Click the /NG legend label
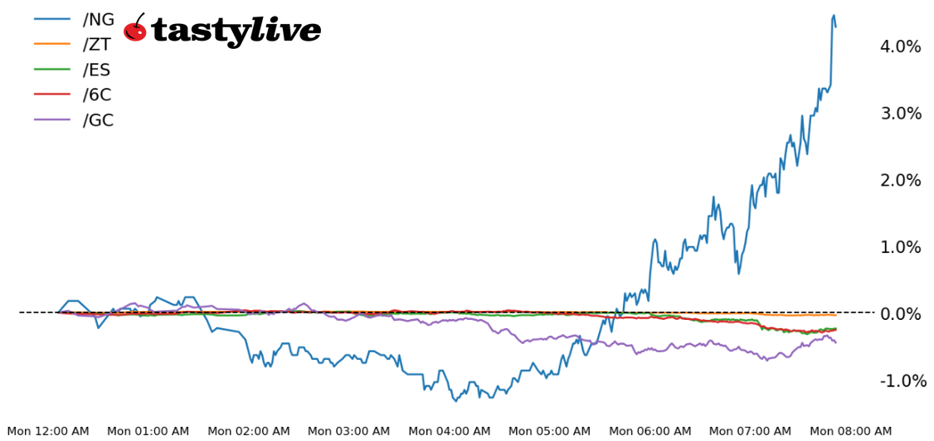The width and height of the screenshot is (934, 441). (x=98, y=20)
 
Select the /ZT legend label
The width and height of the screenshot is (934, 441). (x=96, y=45)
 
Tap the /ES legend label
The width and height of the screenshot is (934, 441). (x=96, y=70)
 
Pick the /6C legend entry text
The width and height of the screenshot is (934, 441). (x=96, y=95)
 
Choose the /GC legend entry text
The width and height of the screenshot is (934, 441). (x=98, y=120)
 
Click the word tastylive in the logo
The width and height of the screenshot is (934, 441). (x=236, y=31)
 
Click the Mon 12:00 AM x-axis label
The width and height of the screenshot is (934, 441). (x=48, y=431)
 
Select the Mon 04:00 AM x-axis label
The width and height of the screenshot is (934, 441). (x=450, y=431)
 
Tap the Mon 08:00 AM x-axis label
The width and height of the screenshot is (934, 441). (x=851, y=431)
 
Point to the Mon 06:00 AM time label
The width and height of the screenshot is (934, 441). (x=650, y=431)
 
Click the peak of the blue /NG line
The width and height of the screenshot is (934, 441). (x=834, y=15)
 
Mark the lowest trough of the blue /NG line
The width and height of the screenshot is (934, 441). (x=455, y=401)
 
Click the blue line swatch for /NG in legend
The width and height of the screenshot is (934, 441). (x=51, y=20)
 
